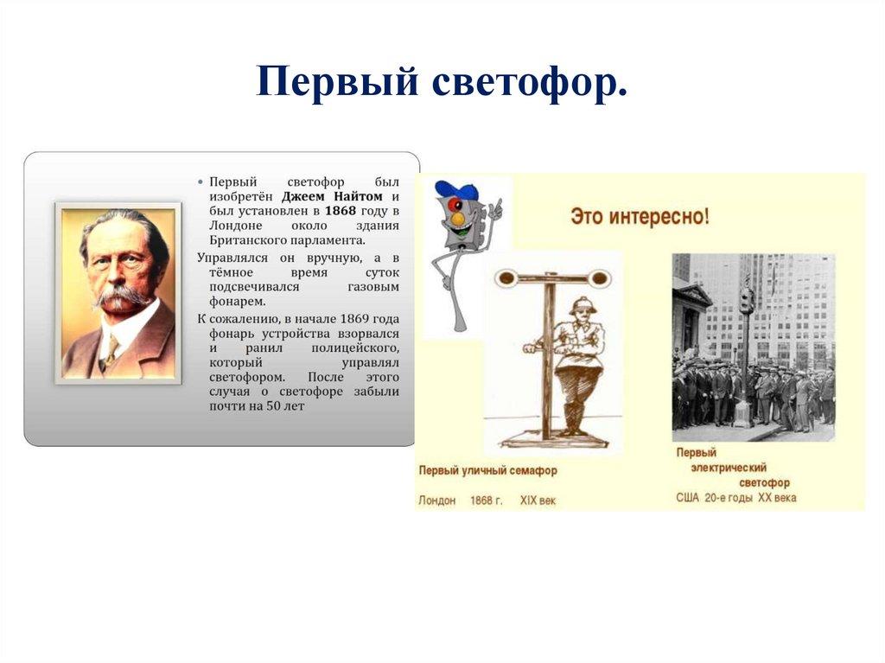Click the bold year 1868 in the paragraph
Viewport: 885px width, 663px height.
coord(339,210)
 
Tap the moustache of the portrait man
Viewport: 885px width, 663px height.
coord(121,296)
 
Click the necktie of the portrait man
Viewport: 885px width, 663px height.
coord(110,349)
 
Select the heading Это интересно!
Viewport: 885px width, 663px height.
coord(640,216)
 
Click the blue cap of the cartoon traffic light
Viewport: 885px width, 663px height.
coord(455,190)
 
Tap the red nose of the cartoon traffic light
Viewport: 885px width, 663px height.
coord(458,220)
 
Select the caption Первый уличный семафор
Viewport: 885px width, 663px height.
coord(487,471)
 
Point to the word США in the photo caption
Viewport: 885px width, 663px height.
coord(689,498)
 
